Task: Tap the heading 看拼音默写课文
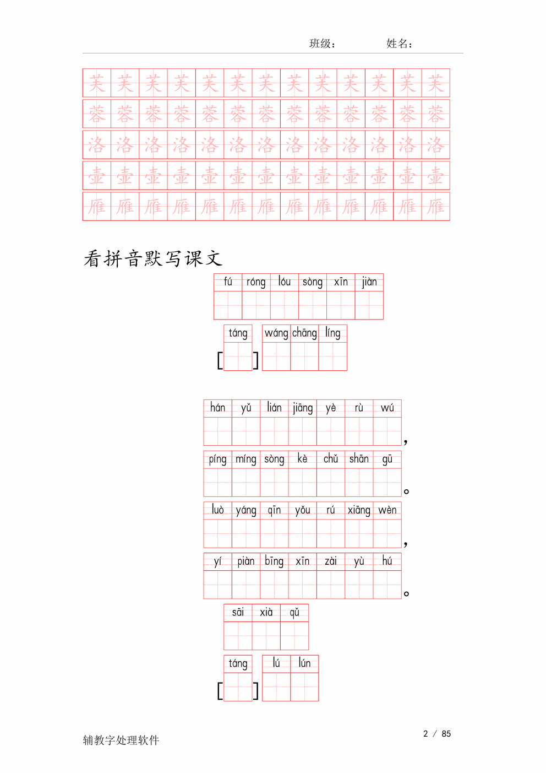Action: coord(152,258)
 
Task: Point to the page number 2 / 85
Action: coord(436,733)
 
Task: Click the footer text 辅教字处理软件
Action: coord(121,740)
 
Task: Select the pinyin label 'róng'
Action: coord(256,282)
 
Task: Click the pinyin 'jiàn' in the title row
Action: coord(369,282)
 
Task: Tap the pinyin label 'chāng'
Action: coord(304,333)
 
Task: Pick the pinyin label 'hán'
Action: coord(217,408)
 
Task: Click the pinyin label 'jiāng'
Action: coord(303,408)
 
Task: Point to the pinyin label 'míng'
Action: coord(246,460)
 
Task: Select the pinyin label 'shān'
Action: coord(359,458)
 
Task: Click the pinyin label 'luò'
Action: coord(217,509)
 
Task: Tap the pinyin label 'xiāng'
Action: coord(359,510)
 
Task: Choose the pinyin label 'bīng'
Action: coord(274,561)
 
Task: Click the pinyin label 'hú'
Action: coord(387,561)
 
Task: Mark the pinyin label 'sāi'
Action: coord(238,612)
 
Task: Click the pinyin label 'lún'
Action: coord(304,663)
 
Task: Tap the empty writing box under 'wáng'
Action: coord(276,356)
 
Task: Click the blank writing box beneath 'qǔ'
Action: coord(294,636)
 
